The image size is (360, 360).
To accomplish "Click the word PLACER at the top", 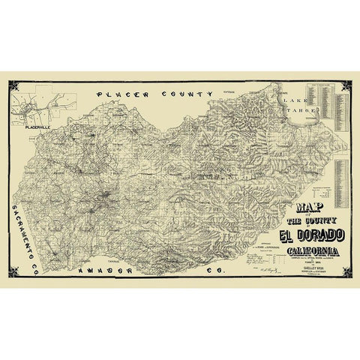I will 121,96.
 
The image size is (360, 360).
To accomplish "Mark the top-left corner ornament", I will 14,88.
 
